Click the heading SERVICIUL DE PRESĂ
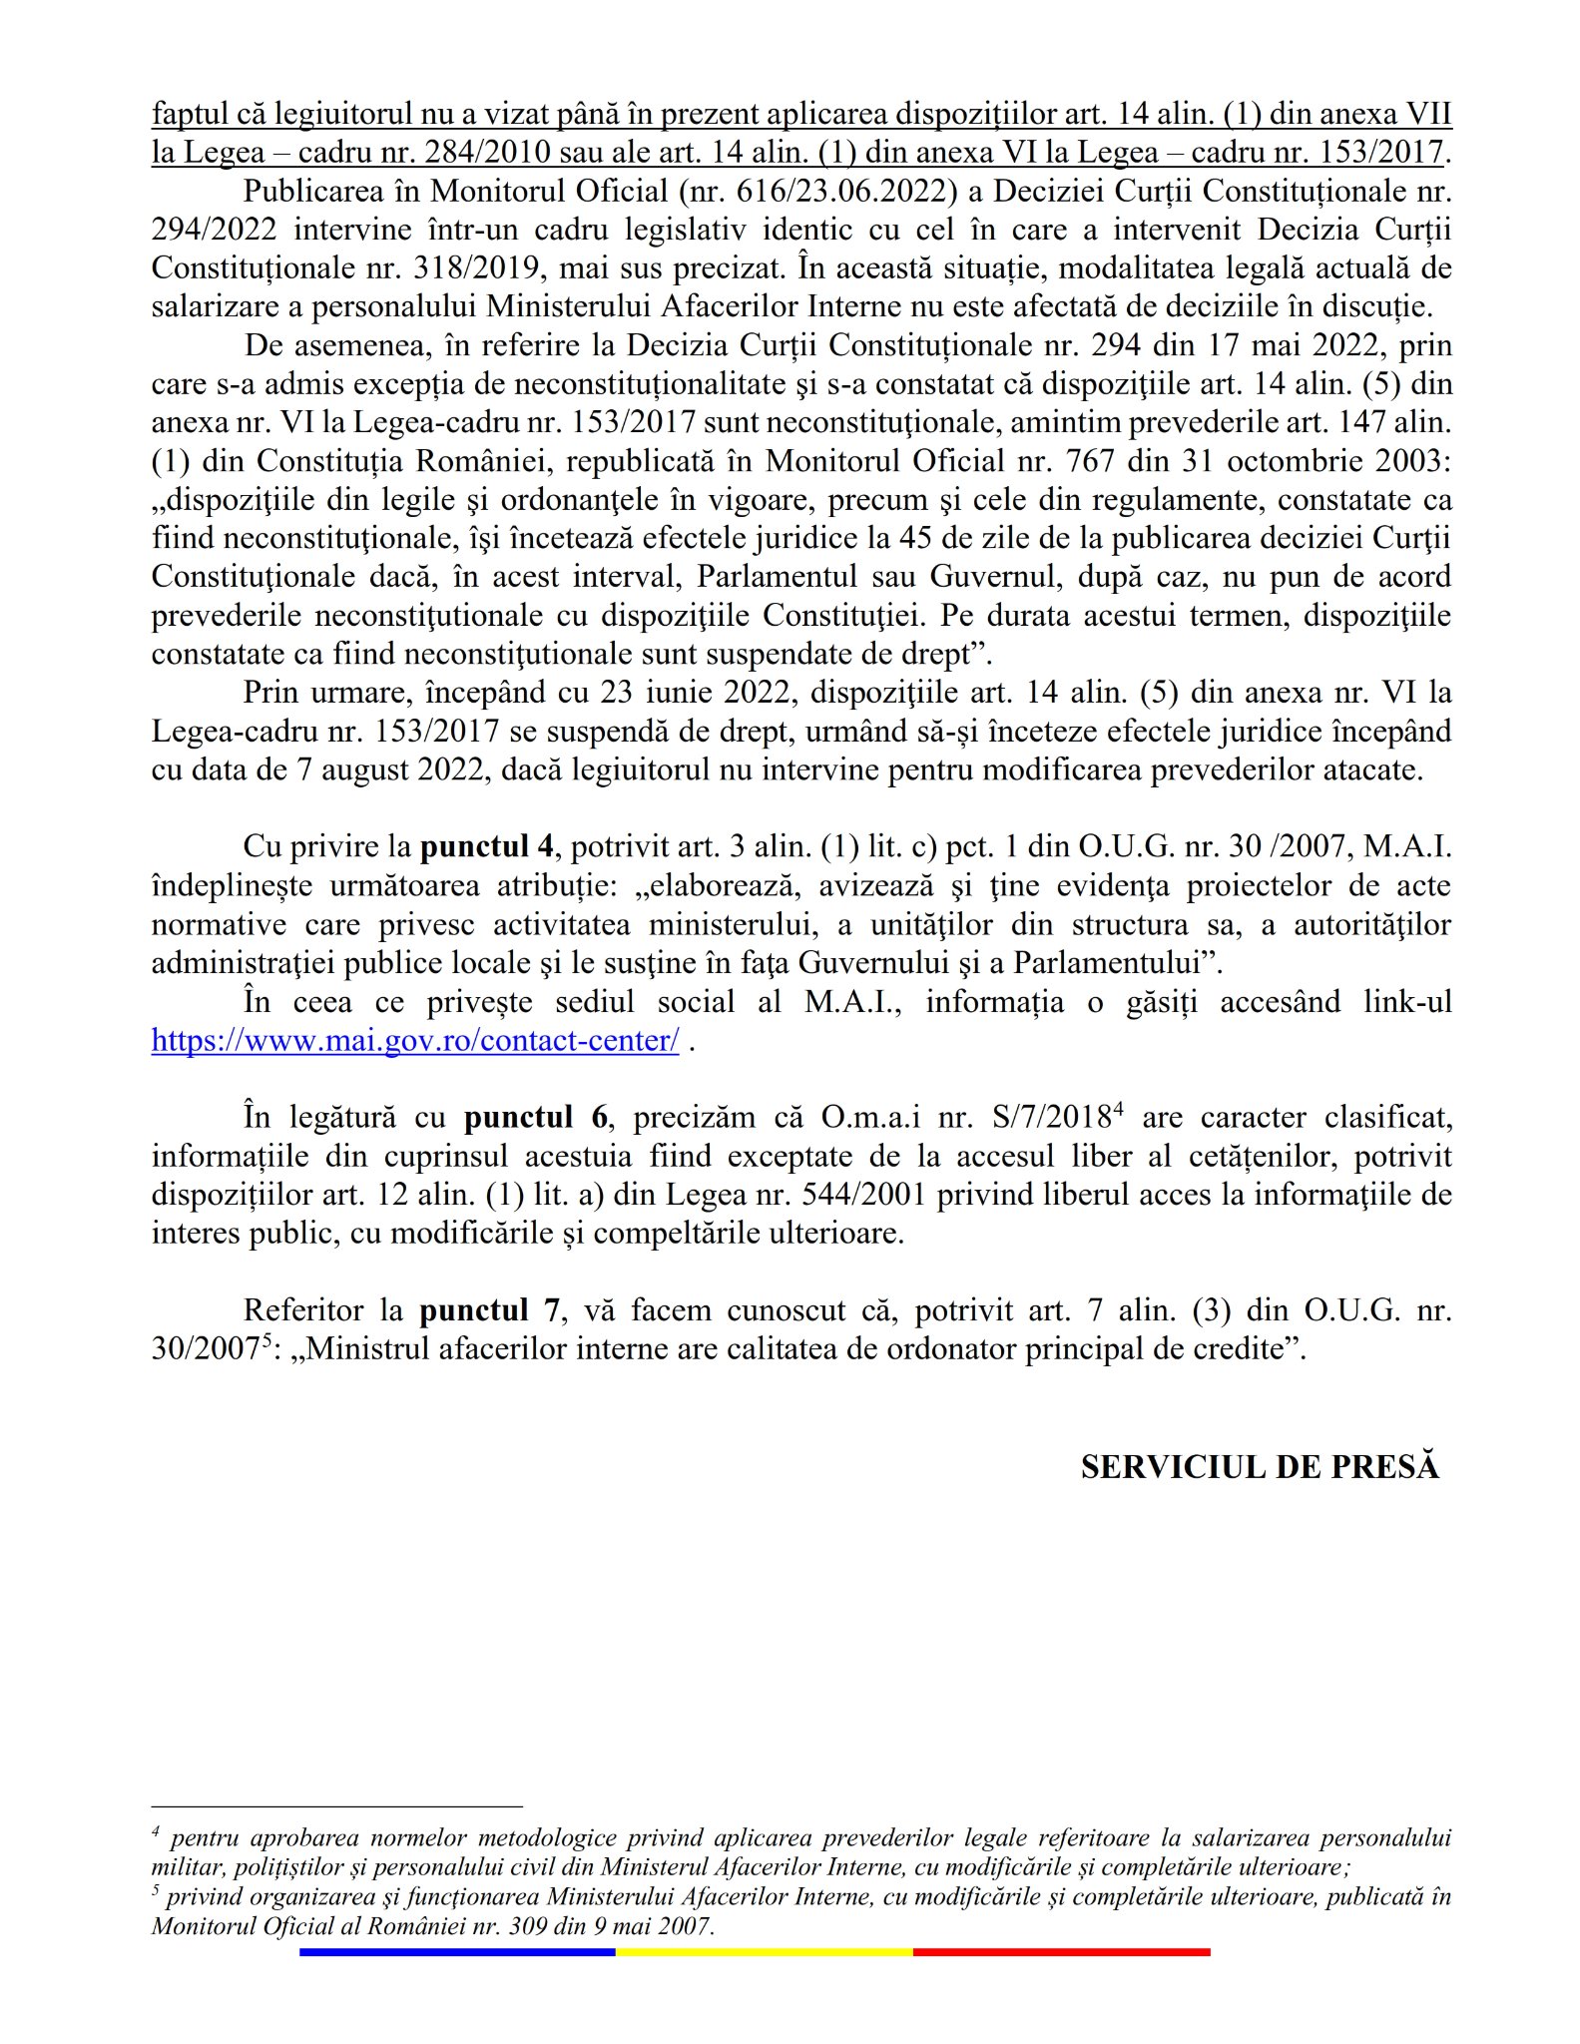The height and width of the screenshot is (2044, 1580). (x=1260, y=1466)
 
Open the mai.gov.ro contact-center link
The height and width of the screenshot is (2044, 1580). (x=415, y=1041)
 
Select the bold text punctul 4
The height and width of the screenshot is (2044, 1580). (x=486, y=847)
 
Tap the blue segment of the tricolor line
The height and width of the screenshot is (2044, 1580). (x=456, y=1952)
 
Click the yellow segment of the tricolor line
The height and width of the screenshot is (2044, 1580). (x=764, y=1952)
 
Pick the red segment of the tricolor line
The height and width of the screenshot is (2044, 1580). (x=1061, y=1952)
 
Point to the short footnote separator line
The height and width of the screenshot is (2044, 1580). (x=336, y=1806)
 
